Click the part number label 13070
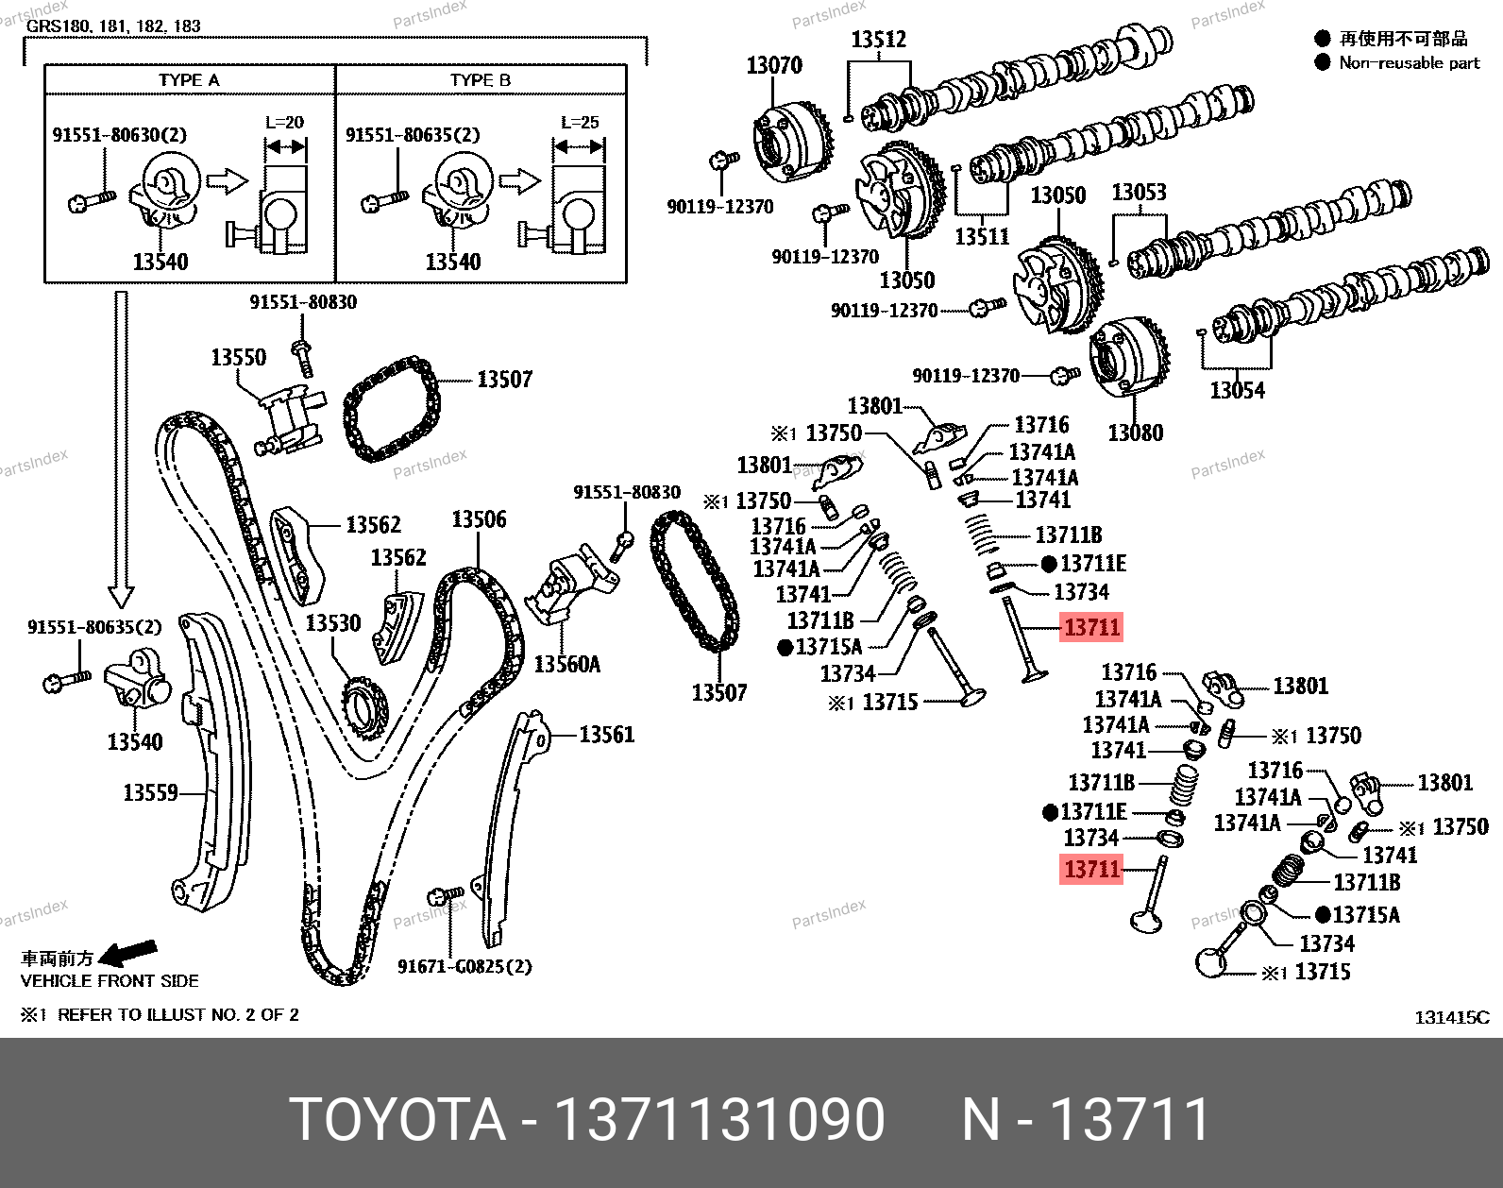[774, 65]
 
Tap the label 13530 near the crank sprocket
[332, 623]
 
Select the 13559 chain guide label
[150, 792]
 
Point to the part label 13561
[606, 735]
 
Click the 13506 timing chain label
[478, 519]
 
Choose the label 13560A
[566, 664]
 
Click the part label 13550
[238, 358]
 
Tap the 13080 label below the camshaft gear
[1135, 433]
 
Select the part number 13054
[1237, 390]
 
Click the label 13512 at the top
[878, 40]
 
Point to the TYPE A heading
[189, 80]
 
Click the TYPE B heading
[481, 80]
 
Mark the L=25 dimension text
[579, 122]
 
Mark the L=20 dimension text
[285, 122]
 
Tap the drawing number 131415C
[1451, 1017]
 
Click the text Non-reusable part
[1410, 63]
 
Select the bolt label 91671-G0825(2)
[464, 966]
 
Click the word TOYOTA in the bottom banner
[397, 1121]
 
